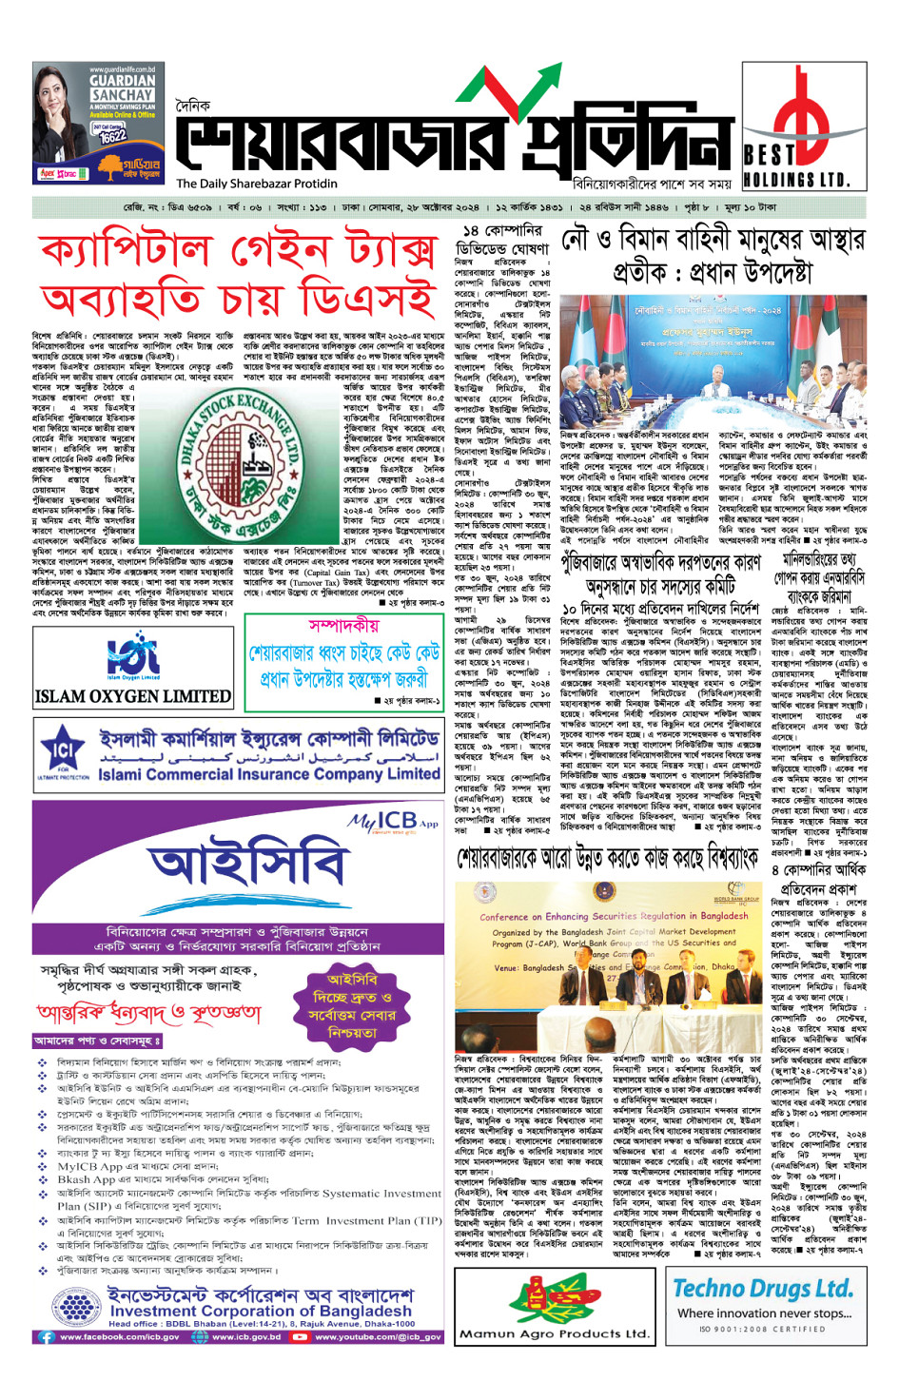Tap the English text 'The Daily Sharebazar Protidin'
point(257,184)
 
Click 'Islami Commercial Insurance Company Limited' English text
point(269,774)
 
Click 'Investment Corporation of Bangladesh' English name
point(262,1311)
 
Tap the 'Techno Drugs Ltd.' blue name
point(763,1289)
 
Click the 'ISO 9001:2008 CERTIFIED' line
point(763,1329)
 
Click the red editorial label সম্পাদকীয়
point(343,626)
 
